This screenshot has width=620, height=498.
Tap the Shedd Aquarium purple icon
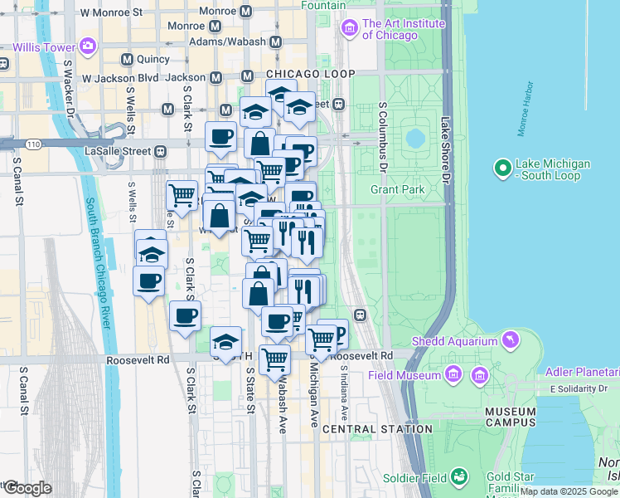point(512,339)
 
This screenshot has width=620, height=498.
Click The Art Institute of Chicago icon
point(349,30)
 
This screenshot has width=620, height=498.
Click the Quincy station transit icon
point(127,59)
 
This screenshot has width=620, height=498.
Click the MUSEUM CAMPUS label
point(511,417)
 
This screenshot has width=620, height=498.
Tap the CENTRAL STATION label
point(377,429)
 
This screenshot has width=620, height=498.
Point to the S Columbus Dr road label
point(383,138)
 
